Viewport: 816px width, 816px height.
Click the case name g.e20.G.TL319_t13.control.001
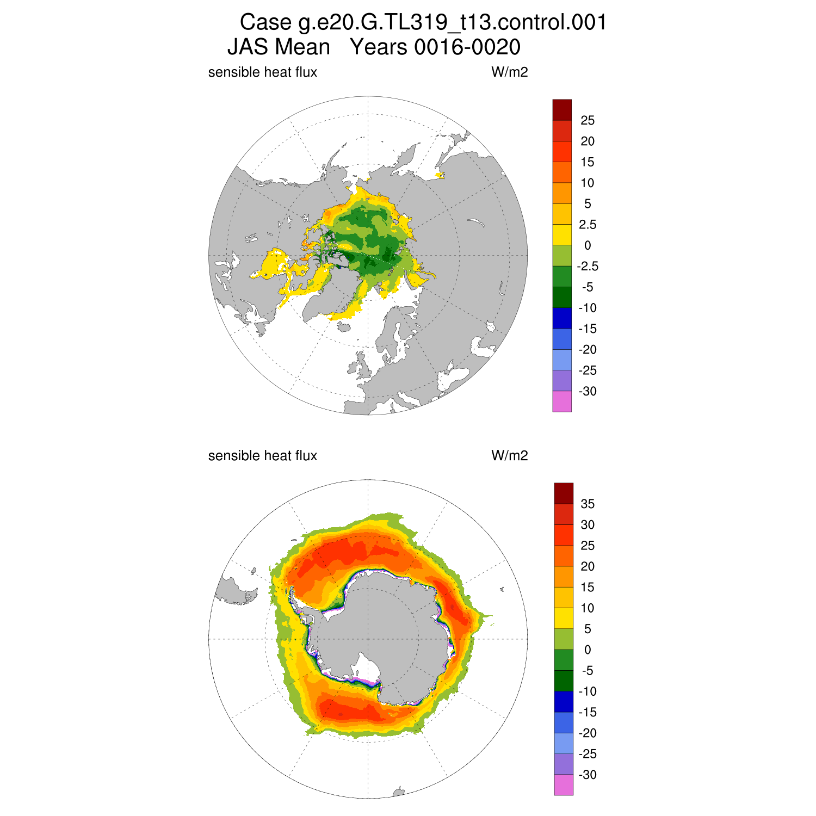click(452, 23)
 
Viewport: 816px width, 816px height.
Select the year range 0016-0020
click(467, 47)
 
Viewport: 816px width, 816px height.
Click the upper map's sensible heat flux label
click(262, 72)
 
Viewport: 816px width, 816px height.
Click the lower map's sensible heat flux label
click(262, 456)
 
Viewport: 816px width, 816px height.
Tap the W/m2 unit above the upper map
click(509, 72)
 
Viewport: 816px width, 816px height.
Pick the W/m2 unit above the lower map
click(509, 456)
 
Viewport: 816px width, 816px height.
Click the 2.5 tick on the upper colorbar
click(588, 225)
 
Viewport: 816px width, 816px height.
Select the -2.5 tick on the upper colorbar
click(588, 267)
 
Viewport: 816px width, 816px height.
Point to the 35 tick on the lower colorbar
click(588, 504)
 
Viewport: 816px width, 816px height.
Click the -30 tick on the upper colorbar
click(588, 392)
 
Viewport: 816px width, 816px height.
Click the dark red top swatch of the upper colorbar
click(562, 110)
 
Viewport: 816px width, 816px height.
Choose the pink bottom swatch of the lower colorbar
click(564, 785)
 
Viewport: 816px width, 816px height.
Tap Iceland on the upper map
click(344, 326)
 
